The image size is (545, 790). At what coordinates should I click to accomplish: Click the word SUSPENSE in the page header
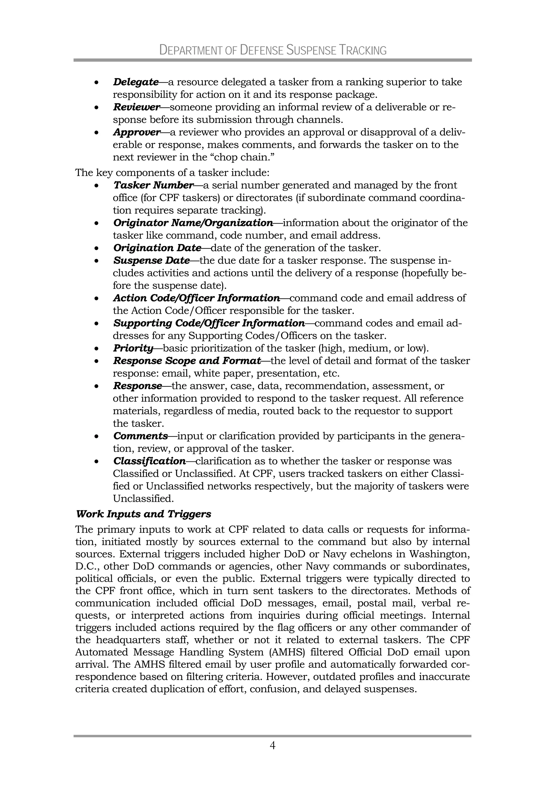pyautogui.click(x=311, y=50)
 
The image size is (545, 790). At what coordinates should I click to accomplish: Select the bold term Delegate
pyautogui.click(x=135, y=82)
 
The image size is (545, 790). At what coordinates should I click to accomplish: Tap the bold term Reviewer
pyautogui.click(x=136, y=107)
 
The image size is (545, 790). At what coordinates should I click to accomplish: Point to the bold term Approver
pyautogui.click(x=137, y=132)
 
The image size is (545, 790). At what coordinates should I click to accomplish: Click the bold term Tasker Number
pyautogui.click(x=153, y=185)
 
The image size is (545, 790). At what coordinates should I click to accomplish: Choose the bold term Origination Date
pyautogui.click(x=157, y=248)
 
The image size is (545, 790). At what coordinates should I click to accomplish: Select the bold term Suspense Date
pyautogui.click(x=151, y=261)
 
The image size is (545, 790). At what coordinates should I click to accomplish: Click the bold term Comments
pyautogui.click(x=140, y=436)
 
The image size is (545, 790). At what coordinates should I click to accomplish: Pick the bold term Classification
pyautogui.click(x=149, y=461)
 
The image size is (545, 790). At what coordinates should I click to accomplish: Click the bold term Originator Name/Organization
pyautogui.click(x=193, y=223)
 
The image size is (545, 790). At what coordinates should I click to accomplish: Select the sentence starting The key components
pyautogui.click(x=172, y=173)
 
